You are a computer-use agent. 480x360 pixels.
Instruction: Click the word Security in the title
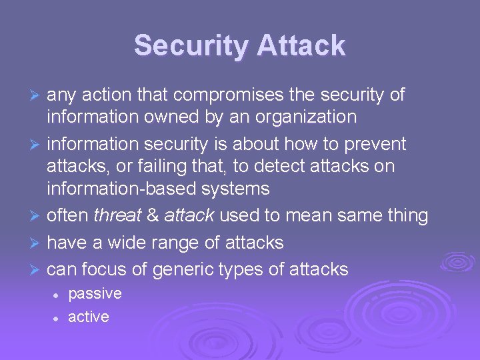click(x=191, y=46)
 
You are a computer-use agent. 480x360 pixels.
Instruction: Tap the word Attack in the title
click(x=301, y=46)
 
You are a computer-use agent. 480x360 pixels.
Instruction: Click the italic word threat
click(x=117, y=216)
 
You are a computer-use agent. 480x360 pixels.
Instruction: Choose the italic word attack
click(x=189, y=216)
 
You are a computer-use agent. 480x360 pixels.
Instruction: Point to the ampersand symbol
click(x=152, y=216)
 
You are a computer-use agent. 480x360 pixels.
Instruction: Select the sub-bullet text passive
click(x=95, y=293)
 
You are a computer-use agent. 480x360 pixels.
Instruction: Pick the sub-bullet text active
click(x=88, y=317)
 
